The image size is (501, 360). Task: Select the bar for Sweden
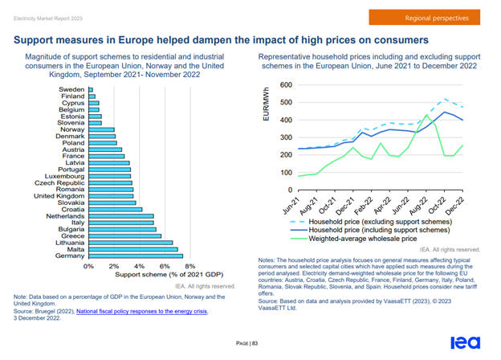pyautogui.click(x=91, y=88)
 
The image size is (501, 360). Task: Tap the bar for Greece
pyautogui.click(x=124, y=235)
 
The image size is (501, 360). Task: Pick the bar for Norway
pyautogui.click(x=101, y=129)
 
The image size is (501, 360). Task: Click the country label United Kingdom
pyautogui.click(x=59, y=195)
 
